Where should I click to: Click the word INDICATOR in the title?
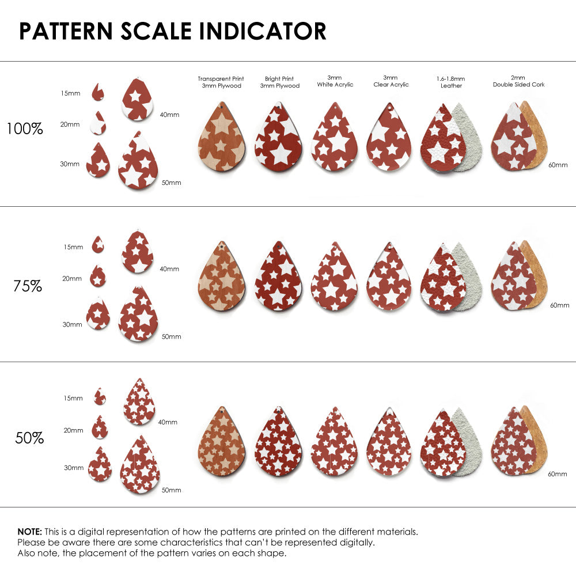click(263, 31)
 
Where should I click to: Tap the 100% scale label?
click(25, 128)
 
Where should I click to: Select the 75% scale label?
click(28, 286)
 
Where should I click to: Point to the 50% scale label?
click(29, 438)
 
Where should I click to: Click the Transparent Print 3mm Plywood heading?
click(221, 82)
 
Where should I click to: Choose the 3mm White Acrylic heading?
click(335, 81)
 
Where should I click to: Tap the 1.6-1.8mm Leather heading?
click(451, 82)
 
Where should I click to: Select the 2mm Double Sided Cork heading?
click(518, 81)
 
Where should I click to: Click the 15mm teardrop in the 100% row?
click(98, 92)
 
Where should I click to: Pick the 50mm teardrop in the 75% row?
click(138, 314)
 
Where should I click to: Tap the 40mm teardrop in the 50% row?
click(139, 401)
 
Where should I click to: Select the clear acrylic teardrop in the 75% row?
click(389, 276)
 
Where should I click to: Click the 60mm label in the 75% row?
click(559, 305)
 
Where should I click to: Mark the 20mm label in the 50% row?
click(74, 430)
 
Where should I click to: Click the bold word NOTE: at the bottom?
click(30, 532)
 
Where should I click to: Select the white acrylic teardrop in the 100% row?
click(334, 137)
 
